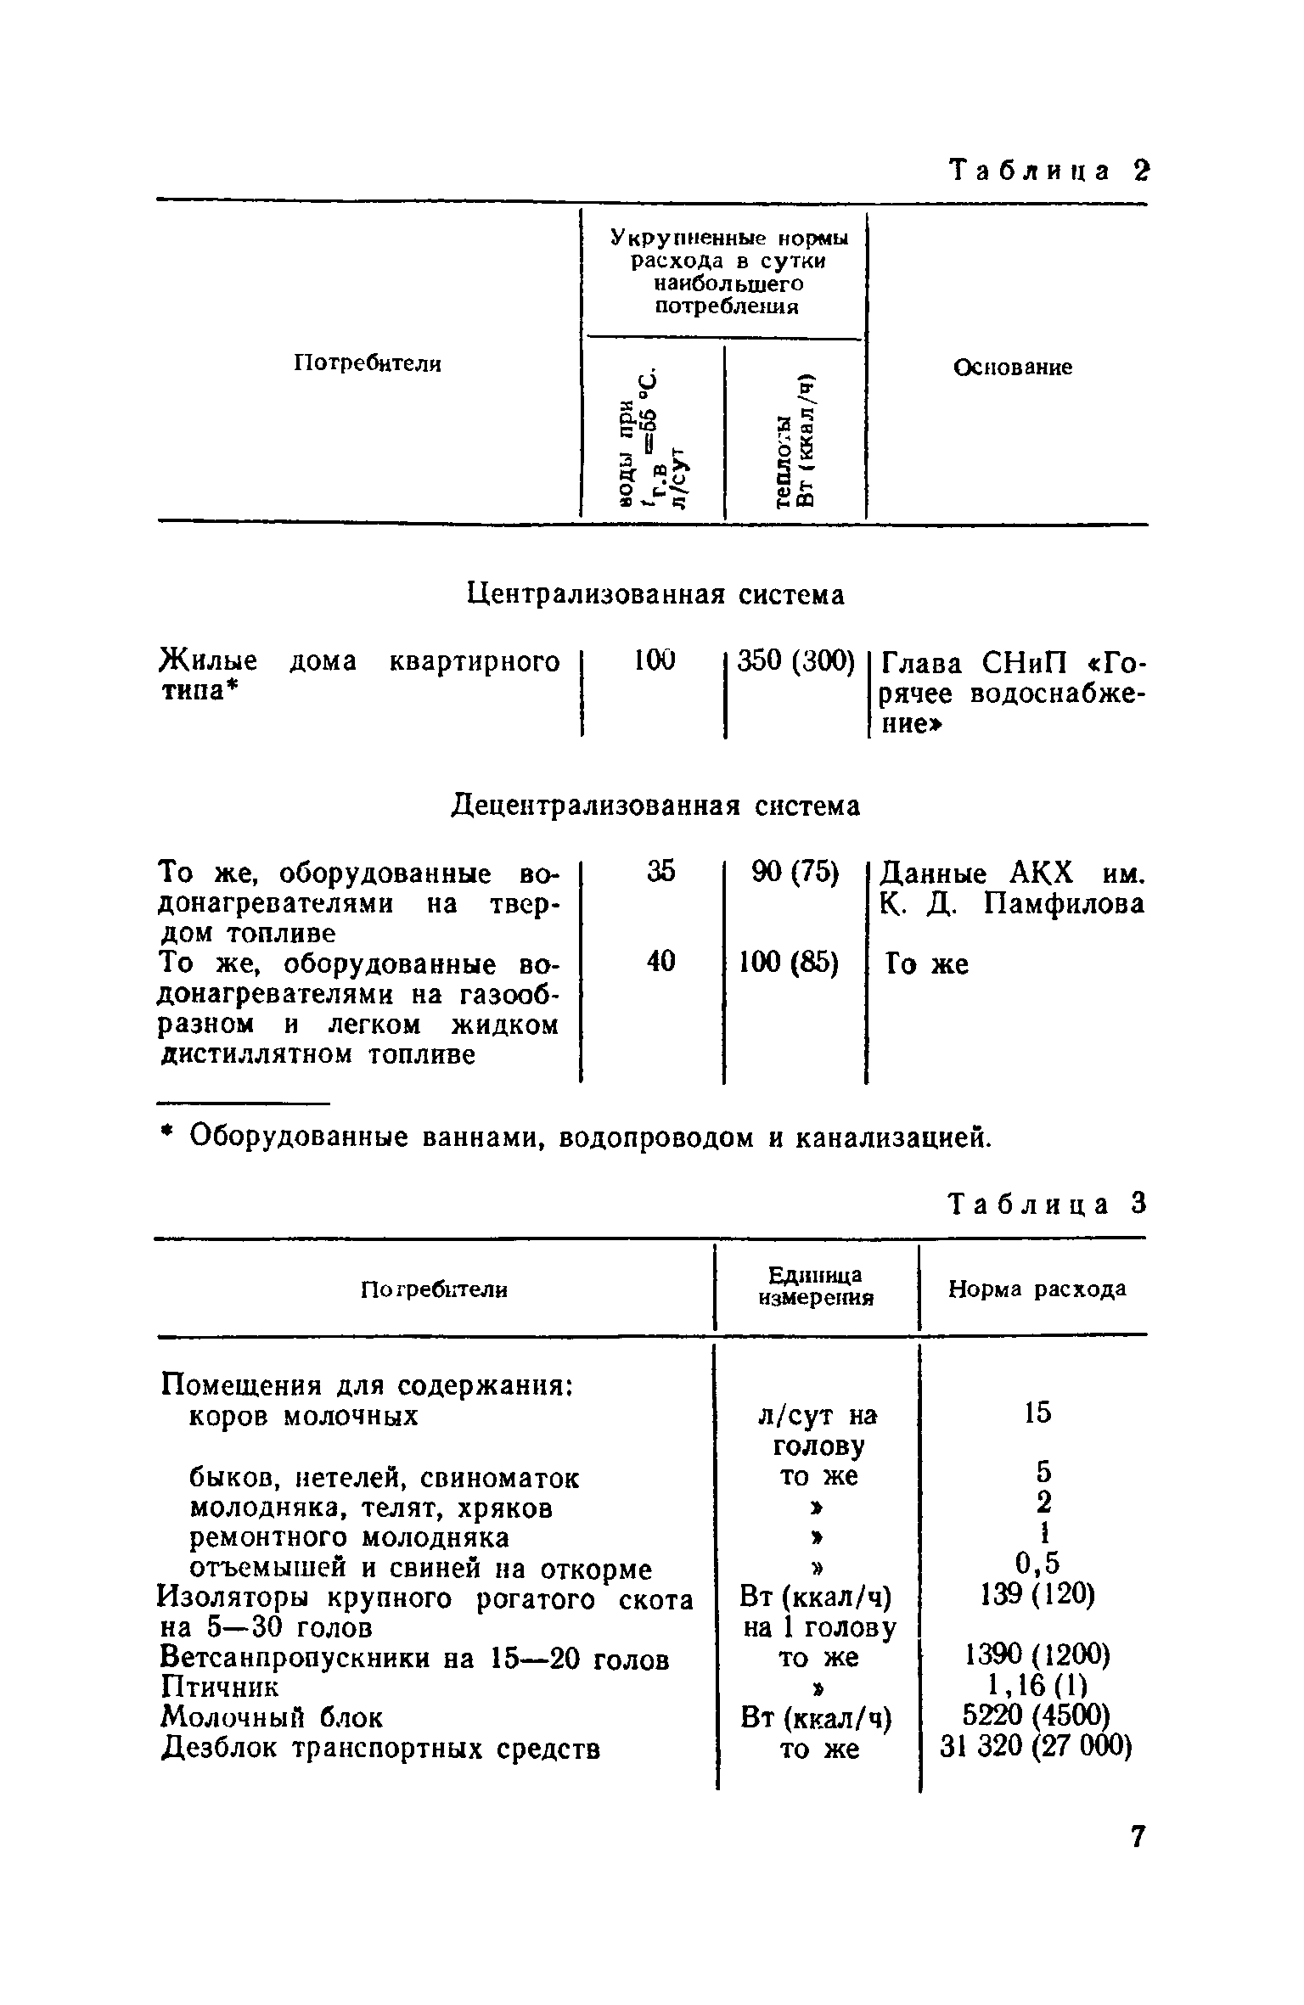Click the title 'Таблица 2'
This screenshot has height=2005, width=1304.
pos(1048,171)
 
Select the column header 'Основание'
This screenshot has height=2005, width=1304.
pos(1012,368)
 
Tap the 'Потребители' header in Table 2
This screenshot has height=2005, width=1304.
pos(368,364)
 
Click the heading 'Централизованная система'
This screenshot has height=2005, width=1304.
pos(656,595)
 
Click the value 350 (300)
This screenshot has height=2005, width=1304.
pos(795,661)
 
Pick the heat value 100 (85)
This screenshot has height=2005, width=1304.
pos(790,962)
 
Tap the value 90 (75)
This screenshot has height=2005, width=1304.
pos(795,872)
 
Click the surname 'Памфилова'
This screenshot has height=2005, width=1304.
pos(1064,904)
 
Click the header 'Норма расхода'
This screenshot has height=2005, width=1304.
pos(1037,1289)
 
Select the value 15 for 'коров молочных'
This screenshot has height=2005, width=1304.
pos(1037,1413)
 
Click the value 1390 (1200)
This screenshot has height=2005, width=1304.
pos(1037,1654)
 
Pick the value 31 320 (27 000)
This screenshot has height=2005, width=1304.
pos(1037,1746)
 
